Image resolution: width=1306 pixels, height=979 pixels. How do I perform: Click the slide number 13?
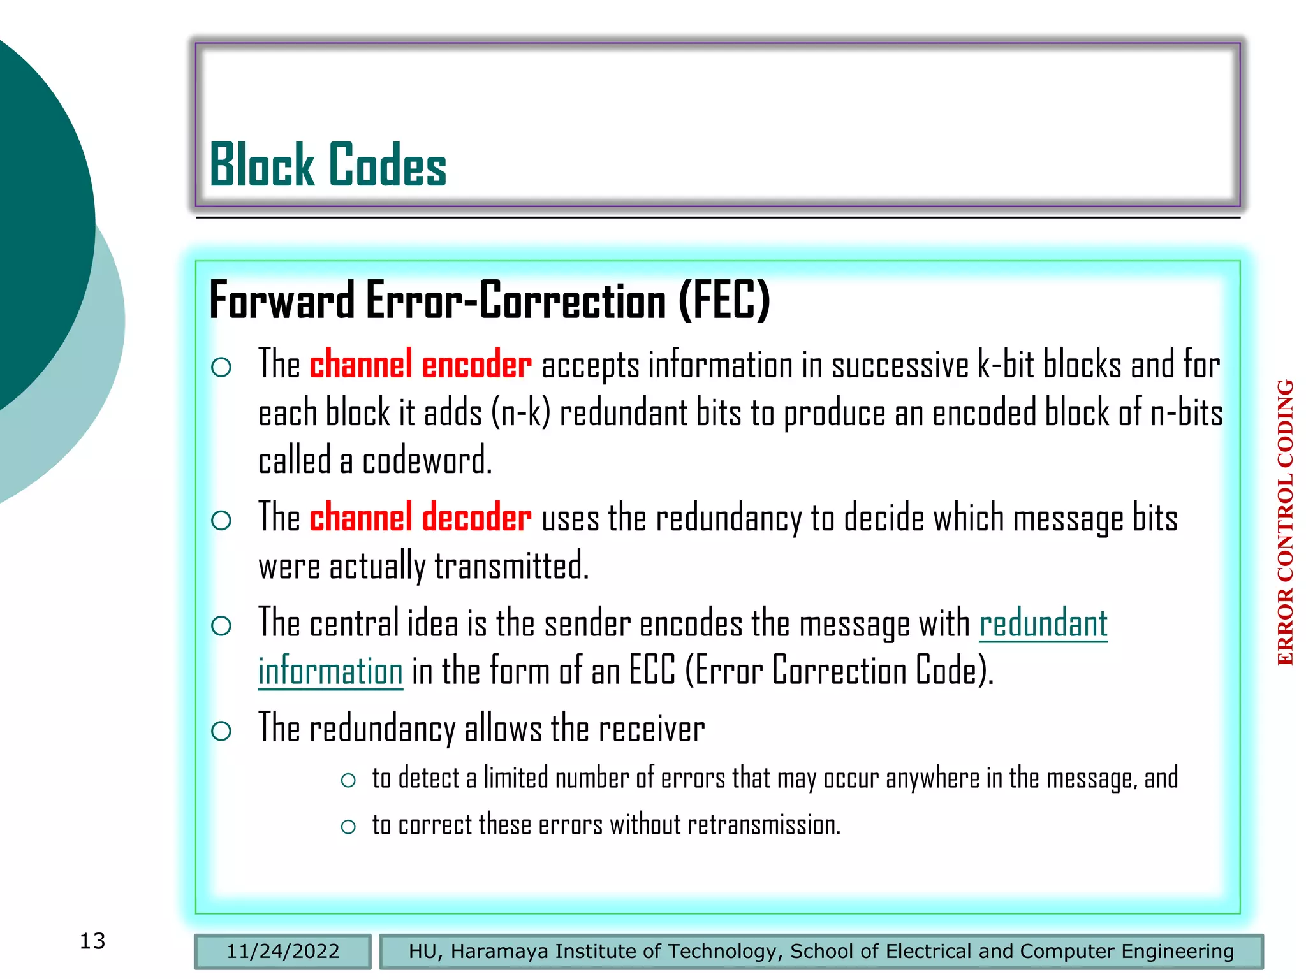click(x=92, y=941)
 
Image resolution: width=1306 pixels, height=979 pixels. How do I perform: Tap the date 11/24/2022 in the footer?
click(x=282, y=952)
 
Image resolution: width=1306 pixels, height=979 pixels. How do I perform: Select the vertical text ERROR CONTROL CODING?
click(x=1286, y=523)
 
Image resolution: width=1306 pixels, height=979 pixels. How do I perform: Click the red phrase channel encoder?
click(x=420, y=365)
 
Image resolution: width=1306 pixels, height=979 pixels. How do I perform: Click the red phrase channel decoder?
click(x=420, y=518)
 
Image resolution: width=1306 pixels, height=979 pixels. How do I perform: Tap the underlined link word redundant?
click(x=1043, y=623)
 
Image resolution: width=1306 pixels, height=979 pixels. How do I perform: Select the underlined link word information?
click(x=330, y=672)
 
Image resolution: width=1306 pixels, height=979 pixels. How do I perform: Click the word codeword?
click(x=427, y=461)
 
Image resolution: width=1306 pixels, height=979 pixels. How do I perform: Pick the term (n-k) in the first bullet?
click(x=520, y=413)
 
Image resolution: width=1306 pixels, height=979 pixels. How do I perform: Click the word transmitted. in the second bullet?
click(x=511, y=566)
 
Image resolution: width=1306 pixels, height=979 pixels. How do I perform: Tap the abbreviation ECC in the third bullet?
click(x=652, y=671)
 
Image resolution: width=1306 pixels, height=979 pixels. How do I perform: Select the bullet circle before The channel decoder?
click(x=221, y=521)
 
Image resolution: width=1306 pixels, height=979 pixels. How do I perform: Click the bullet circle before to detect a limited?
click(x=348, y=780)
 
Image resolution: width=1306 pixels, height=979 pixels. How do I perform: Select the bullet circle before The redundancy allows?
click(x=221, y=731)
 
